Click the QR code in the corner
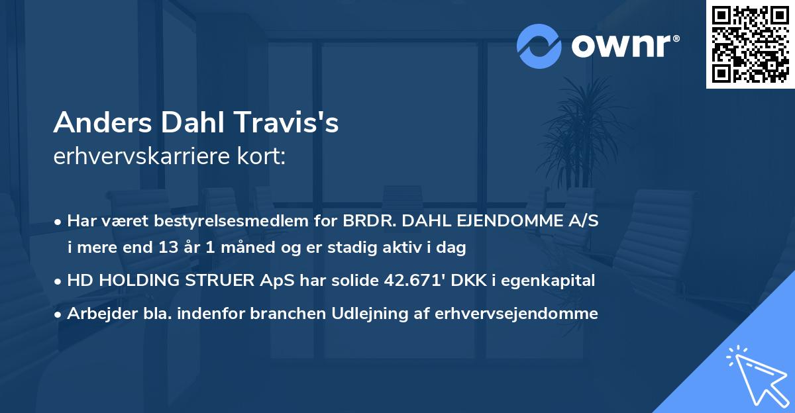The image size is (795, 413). [x=751, y=44]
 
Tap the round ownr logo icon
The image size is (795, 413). [x=539, y=46]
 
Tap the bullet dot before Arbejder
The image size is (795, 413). [x=59, y=314]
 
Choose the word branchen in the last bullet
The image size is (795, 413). [x=280, y=314]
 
